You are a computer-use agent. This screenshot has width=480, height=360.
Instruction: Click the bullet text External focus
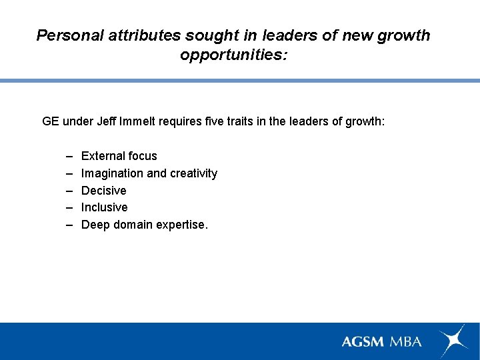(x=119, y=156)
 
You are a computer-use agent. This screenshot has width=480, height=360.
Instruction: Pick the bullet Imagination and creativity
(x=149, y=173)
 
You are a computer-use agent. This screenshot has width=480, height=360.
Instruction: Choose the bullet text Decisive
(x=103, y=191)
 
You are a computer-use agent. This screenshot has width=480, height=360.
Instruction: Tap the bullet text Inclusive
(x=104, y=207)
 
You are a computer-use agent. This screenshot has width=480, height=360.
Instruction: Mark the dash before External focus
(x=69, y=156)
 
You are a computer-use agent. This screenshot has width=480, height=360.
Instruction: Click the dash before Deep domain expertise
(x=69, y=225)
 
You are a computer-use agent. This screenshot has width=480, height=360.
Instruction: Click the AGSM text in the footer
(x=362, y=341)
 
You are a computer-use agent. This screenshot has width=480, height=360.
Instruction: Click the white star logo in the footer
(x=453, y=340)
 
